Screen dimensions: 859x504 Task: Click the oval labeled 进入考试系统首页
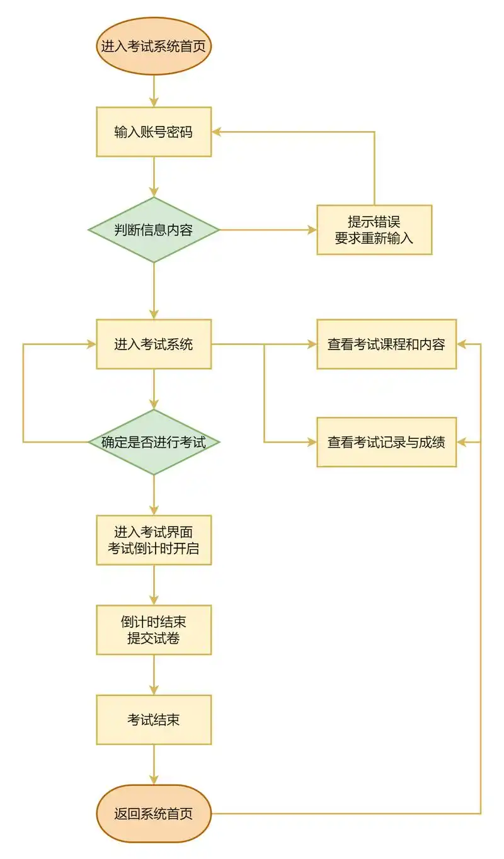pyautogui.click(x=154, y=47)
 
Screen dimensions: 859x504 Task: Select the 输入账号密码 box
pyautogui.click(x=154, y=132)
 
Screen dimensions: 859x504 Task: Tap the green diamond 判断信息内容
pyautogui.click(x=154, y=230)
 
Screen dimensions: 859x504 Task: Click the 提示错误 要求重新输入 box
pyautogui.click(x=374, y=230)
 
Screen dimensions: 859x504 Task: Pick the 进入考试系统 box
pyautogui.click(x=154, y=344)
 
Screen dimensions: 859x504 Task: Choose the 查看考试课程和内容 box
pyautogui.click(x=386, y=344)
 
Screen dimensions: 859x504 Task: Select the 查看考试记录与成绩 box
pyautogui.click(x=386, y=442)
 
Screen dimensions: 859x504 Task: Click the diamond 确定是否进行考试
pyautogui.click(x=154, y=442)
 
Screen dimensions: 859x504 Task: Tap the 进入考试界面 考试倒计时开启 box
pyautogui.click(x=154, y=540)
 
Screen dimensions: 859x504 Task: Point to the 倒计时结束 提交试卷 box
pyautogui.click(x=154, y=630)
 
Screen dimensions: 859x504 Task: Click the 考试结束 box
pyautogui.click(x=154, y=719)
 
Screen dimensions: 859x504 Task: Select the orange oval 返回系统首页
pyautogui.click(x=154, y=814)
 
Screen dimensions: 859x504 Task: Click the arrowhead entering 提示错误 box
pyautogui.click(x=312, y=230)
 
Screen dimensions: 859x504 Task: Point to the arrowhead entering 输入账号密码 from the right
pyautogui.click(x=216, y=132)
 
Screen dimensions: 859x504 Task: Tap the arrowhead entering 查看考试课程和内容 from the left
pyautogui.click(x=312, y=344)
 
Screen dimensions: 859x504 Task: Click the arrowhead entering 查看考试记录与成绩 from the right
pyautogui.click(x=461, y=442)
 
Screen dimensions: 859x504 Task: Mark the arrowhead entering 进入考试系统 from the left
pyautogui.click(x=91, y=344)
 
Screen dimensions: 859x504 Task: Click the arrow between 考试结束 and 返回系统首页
pyautogui.click(x=154, y=764)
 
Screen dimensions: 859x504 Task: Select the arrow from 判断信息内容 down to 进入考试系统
pyautogui.click(x=154, y=290)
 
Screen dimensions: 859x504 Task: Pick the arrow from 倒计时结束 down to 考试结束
pyautogui.click(x=154, y=674)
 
